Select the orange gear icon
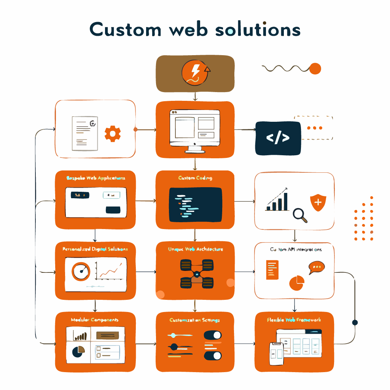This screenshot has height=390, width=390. click(x=113, y=134)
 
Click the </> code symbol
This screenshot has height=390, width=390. click(x=278, y=138)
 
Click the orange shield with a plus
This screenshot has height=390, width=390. click(x=318, y=202)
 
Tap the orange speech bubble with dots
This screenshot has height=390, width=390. click(x=317, y=267)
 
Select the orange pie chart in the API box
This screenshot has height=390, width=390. click(x=297, y=282)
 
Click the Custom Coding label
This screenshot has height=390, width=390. click(x=195, y=178)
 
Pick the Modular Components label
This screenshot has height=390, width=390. click(x=95, y=320)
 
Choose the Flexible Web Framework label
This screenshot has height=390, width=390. click(x=294, y=320)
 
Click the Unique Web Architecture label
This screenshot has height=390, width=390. click(x=195, y=249)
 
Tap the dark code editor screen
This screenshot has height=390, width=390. click(x=195, y=205)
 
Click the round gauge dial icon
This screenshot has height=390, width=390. click(x=81, y=272)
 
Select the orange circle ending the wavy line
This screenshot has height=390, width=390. click(x=315, y=69)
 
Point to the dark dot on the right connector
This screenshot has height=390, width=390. click(x=355, y=323)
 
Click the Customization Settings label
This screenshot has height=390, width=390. click(x=195, y=320)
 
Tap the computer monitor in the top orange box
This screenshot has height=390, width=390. click(x=195, y=129)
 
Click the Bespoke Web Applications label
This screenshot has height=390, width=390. click(x=96, y=178)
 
